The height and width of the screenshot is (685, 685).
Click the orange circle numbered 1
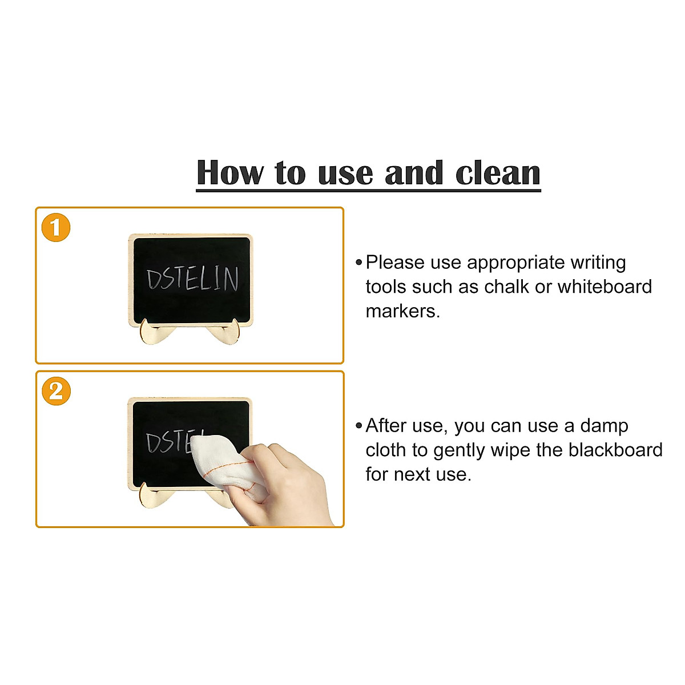coord(56,228)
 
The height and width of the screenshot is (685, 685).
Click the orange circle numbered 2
coord(56,392)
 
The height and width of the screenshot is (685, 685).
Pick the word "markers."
coord(403,311)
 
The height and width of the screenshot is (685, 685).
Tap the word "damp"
coord(605,426)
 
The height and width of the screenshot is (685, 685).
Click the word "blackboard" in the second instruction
coord(615,450)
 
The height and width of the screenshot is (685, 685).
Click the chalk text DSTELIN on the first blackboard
coord(192,279)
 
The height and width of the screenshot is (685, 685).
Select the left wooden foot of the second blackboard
coord(150,497)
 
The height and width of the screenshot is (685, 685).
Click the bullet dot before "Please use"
coord(358,263)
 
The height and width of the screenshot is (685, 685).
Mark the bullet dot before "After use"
coord(358,426)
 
